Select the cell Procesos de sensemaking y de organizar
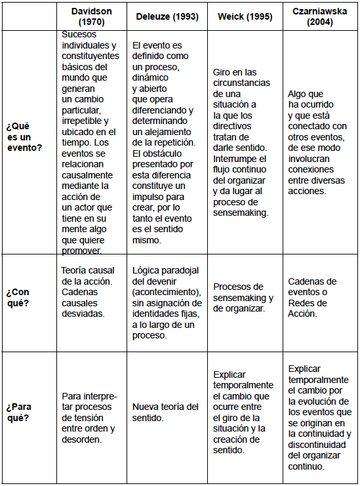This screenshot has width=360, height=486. (x=244, y=297)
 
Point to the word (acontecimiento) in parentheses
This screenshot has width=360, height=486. (x=167, y=291)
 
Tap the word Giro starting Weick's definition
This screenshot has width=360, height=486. (x=223, y=71)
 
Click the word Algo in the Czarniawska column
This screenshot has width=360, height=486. (x=298, y=94)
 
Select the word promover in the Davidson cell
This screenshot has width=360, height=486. (x=82, y=250)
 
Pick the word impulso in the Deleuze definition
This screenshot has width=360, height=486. (x=150, y=197)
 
